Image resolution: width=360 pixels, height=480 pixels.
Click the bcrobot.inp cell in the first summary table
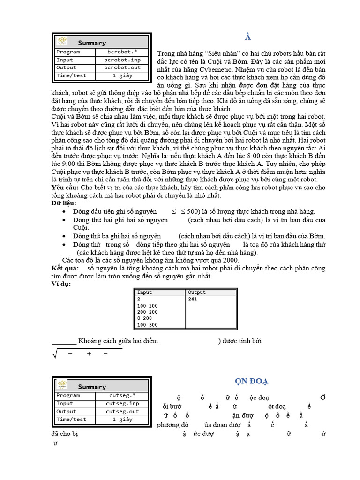(122, 60)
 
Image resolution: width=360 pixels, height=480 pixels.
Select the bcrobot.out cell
(122, 67)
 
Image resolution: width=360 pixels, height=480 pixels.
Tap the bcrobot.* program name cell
(122, 52)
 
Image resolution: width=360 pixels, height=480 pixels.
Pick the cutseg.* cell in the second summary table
(122, 396)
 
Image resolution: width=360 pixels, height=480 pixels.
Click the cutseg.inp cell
(122, 404)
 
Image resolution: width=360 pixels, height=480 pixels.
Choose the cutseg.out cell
(122, 412)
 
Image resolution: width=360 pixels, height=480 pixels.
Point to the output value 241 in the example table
(192, 299)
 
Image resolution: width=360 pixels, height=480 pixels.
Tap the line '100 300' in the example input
(147, 325)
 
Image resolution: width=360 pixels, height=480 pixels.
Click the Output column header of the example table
(196, 292)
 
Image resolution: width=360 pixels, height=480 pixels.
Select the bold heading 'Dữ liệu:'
(63, 203)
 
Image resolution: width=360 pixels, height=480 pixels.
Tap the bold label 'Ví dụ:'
(61, 284)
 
